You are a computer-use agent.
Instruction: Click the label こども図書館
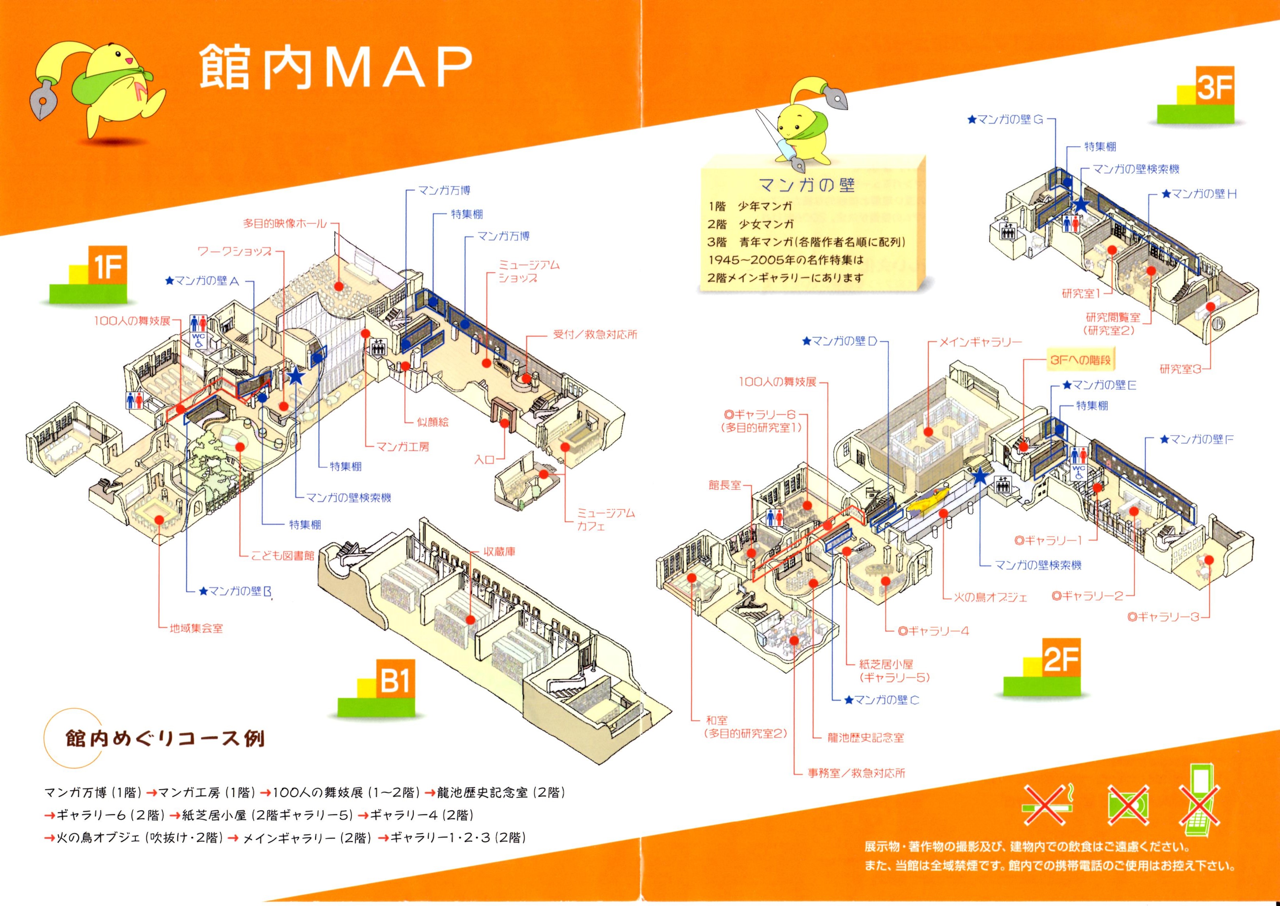point(282,556)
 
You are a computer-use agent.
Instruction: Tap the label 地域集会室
point(196,628)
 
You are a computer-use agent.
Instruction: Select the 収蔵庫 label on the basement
point(499,551)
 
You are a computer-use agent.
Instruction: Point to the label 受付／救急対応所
point(595,335)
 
